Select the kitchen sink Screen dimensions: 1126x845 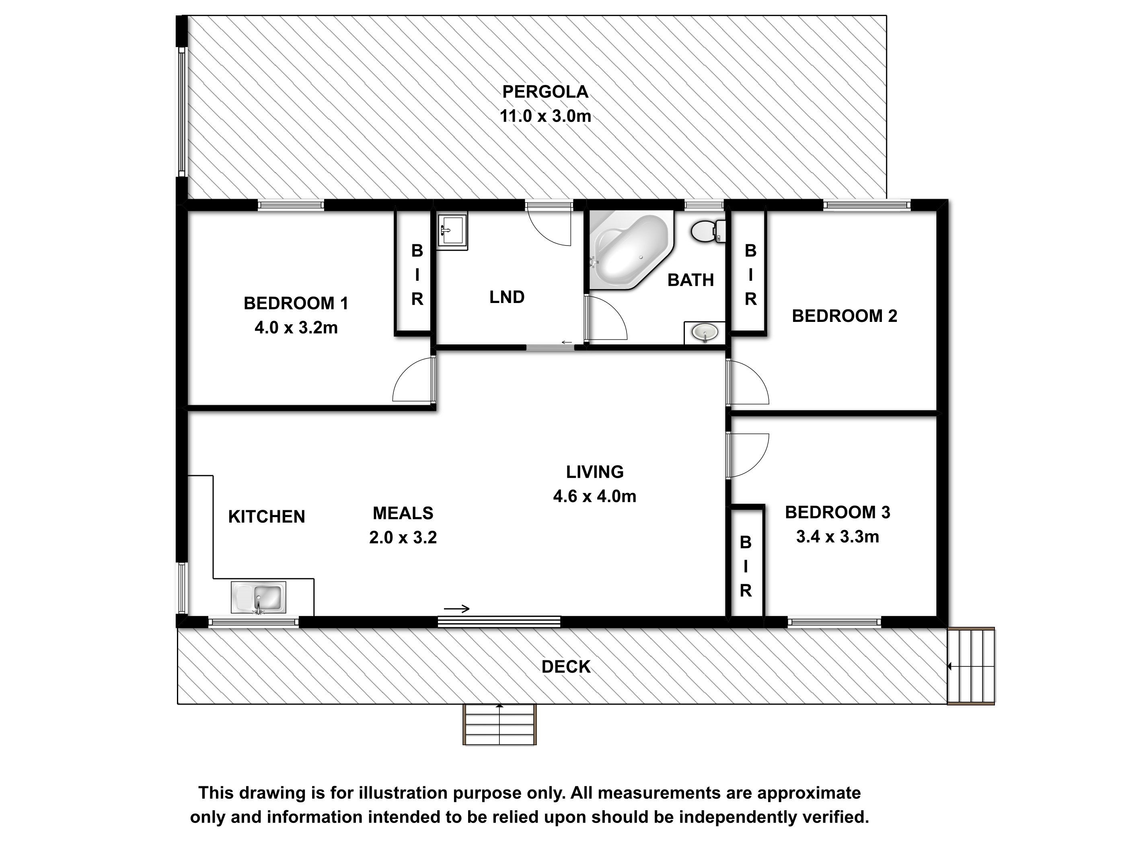pyautogui.click(x=258, y=598)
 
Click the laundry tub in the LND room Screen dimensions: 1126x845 pyautogui.click(x=452, y=232)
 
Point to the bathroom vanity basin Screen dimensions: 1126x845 pyautogui.click(x=705, y=333)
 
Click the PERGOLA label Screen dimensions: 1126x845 pyautogui.click(x=545, y=92)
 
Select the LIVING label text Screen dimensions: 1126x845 pyautogui.click(x=594, y=472)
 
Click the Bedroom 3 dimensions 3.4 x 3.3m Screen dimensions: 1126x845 pyautogui.click(x=837, y=536)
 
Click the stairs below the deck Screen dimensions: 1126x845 pyautogui.click(x=499, y=724)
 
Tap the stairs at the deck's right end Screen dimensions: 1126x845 pyautogui.click(x=971, y=666)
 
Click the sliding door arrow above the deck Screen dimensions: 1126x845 pyautogui.click(x=456, y=608)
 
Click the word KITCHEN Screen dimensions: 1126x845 pyautogui.click(x=267, y=517)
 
